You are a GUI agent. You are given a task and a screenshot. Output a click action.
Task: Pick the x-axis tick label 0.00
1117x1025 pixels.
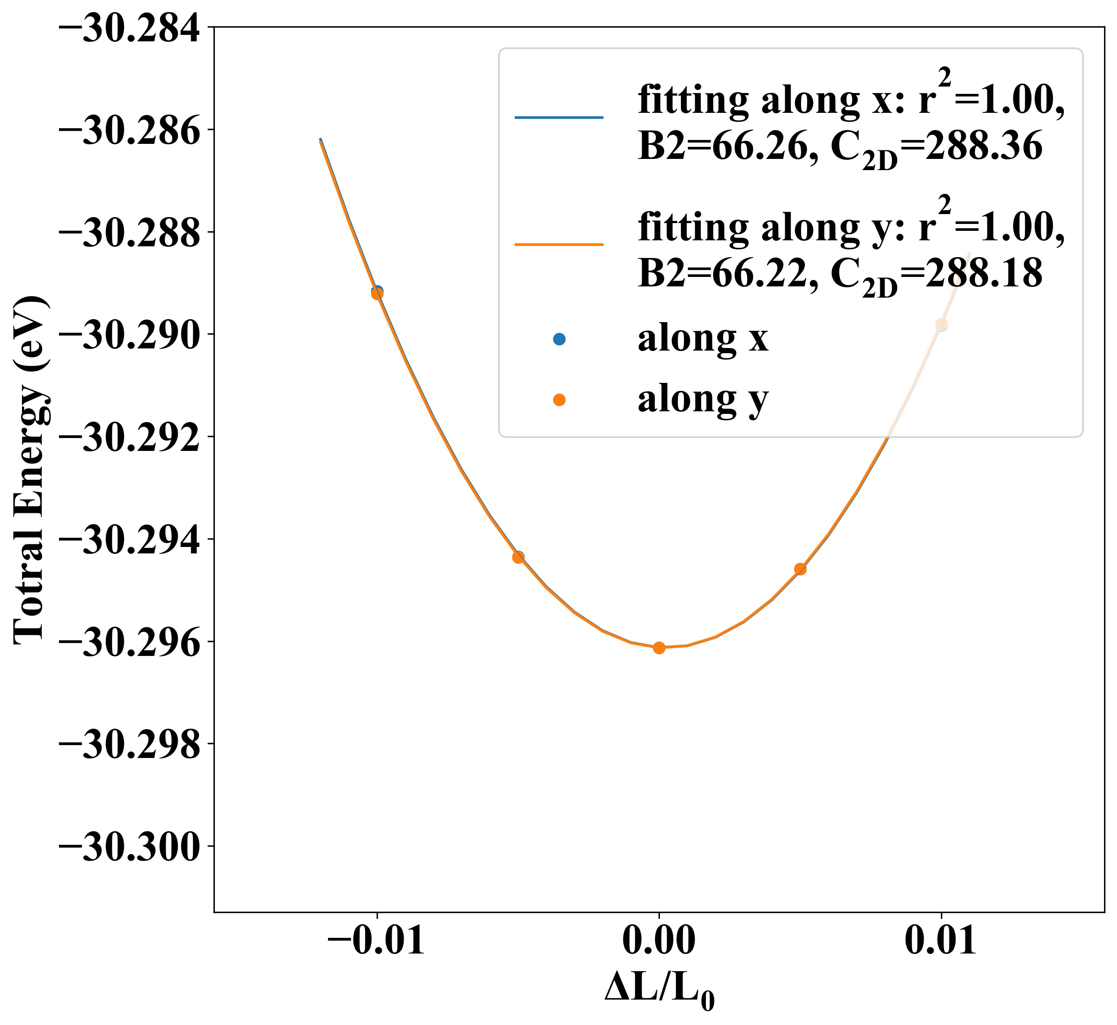coord(659,940)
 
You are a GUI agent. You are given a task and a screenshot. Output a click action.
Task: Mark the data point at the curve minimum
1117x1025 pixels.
coord(659,648)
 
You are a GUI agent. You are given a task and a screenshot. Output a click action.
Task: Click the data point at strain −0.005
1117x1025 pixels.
coord(518,557)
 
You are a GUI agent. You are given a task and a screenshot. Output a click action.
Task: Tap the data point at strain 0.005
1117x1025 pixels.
coord(800,569)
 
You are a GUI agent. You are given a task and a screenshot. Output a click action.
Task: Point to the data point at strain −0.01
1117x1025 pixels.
coord(377,293)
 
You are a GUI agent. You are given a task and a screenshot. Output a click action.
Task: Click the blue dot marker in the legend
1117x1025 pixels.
coord(559,339)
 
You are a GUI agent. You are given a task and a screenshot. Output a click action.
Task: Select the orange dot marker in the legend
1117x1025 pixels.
coord(559,399)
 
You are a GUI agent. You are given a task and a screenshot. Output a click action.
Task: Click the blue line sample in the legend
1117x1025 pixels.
coord(559,118)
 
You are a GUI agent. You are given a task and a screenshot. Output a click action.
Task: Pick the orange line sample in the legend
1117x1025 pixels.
coord(559,245)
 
